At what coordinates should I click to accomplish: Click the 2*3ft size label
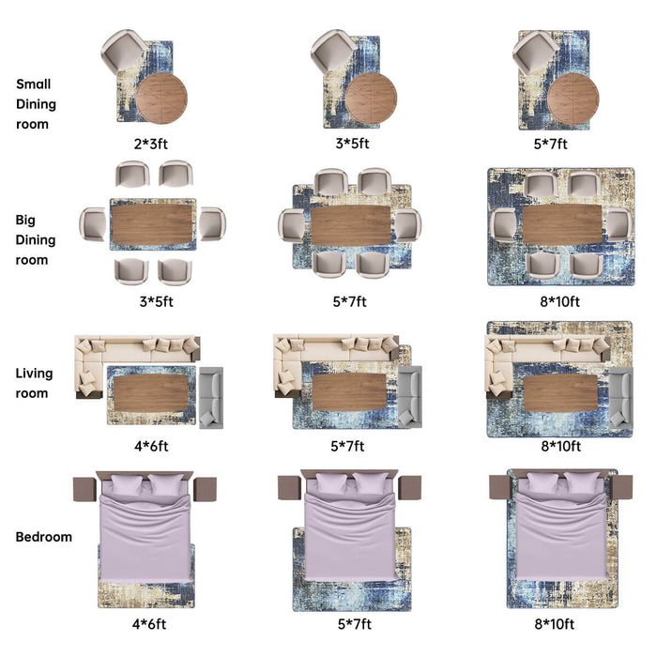151,145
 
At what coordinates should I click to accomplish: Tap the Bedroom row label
43,537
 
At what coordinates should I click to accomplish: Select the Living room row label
34,383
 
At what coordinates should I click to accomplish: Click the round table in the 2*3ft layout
161,99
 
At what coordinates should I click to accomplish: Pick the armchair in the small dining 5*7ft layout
535,53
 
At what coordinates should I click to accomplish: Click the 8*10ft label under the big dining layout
559,301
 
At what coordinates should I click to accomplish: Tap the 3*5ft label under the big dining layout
157,301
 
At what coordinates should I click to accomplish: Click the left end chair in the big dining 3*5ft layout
93,224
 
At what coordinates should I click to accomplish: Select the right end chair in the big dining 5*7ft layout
408,226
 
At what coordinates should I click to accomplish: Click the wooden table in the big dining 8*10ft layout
562,224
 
